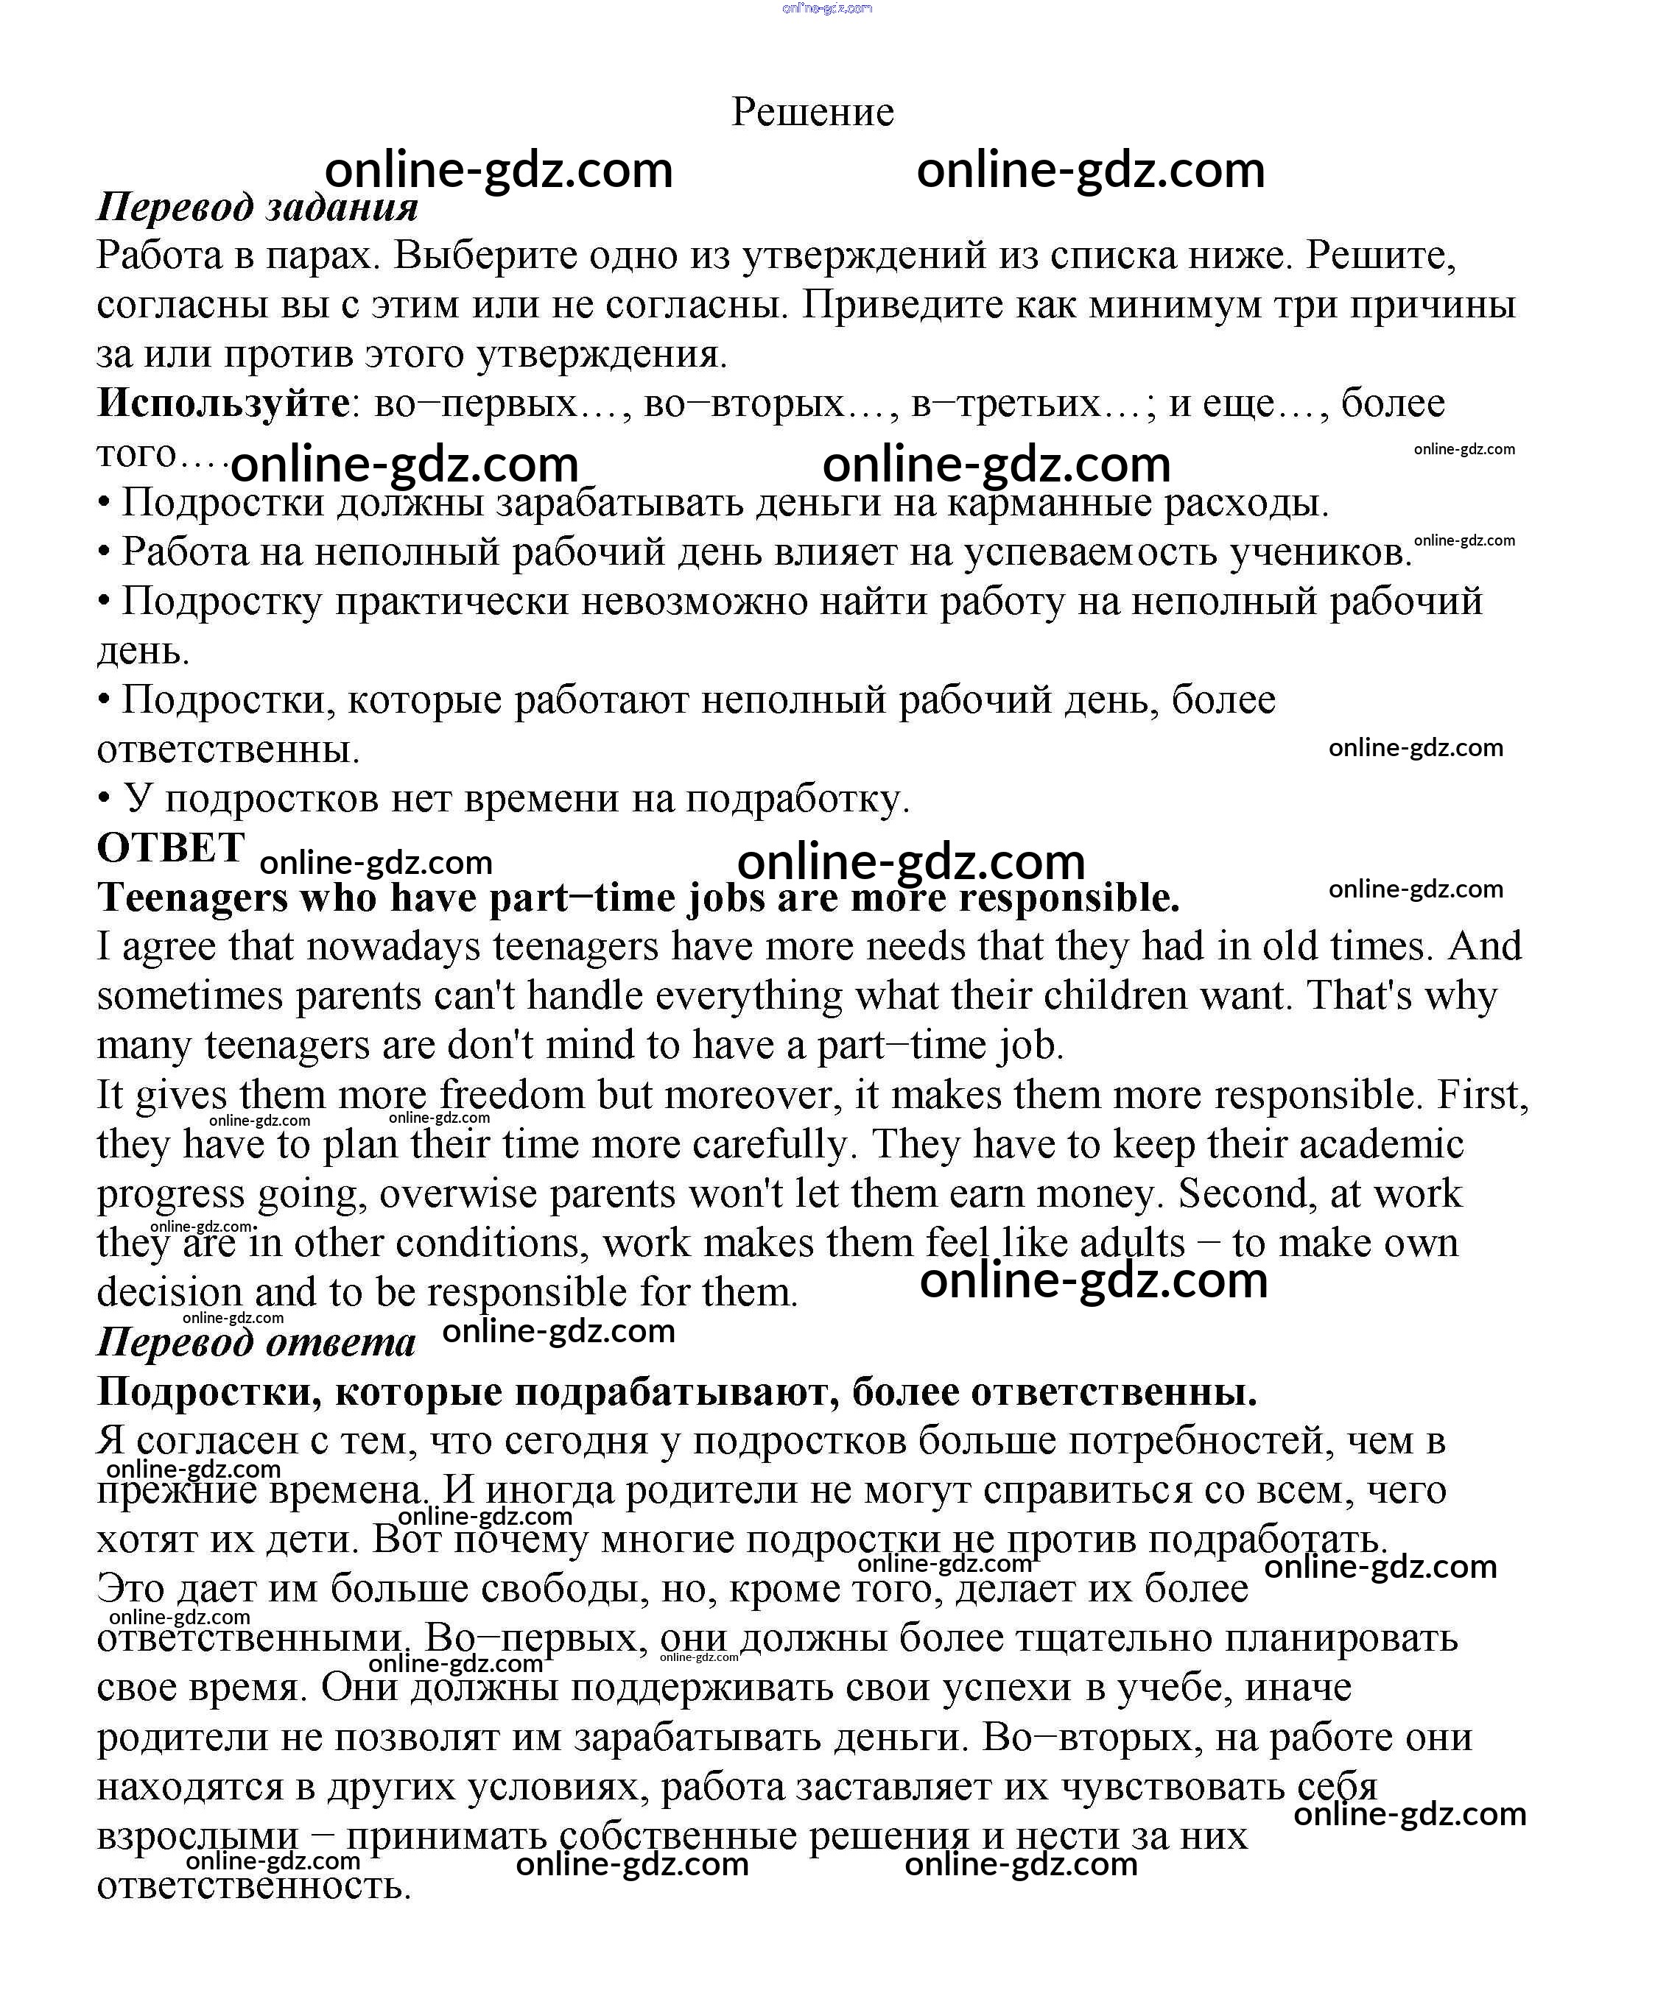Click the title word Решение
812,113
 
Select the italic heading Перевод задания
257,208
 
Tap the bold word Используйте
223,403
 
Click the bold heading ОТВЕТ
171,846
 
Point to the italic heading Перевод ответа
256,1342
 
